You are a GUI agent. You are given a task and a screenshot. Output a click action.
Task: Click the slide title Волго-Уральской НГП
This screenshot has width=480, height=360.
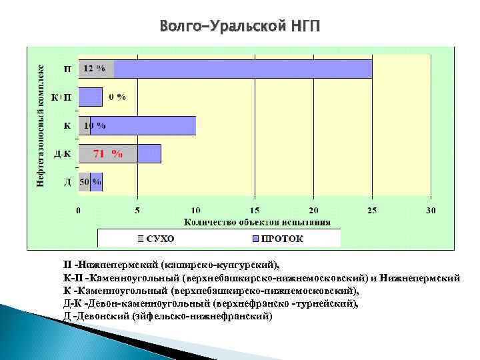(x=239, y=27)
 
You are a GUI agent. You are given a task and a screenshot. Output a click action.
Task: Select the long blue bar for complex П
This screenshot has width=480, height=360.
(x=243, y=69)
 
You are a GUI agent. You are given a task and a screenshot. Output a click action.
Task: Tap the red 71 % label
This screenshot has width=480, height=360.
(x=107, y=153)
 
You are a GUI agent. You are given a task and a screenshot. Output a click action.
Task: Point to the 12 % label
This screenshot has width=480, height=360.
(x=94, y=68)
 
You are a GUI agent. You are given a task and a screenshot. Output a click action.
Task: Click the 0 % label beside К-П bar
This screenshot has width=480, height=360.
(x=117, y=97)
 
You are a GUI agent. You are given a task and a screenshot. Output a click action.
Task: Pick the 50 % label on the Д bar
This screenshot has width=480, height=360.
(x=91, y=181)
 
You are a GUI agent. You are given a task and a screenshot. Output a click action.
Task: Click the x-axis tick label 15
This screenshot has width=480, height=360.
(x=255, y=211)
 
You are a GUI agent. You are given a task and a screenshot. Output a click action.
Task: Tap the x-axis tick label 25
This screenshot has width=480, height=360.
(x=372, y=211)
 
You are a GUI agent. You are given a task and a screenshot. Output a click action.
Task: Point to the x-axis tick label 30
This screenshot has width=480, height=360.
(x=431, y=211)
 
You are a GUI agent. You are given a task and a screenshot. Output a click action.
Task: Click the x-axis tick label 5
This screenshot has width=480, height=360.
(x=137, y=211)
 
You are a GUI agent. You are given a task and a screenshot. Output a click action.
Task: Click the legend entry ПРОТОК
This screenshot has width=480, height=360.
(x=276, y=238)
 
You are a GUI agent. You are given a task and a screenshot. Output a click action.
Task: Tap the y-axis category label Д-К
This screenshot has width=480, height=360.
(x=63, y=154)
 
